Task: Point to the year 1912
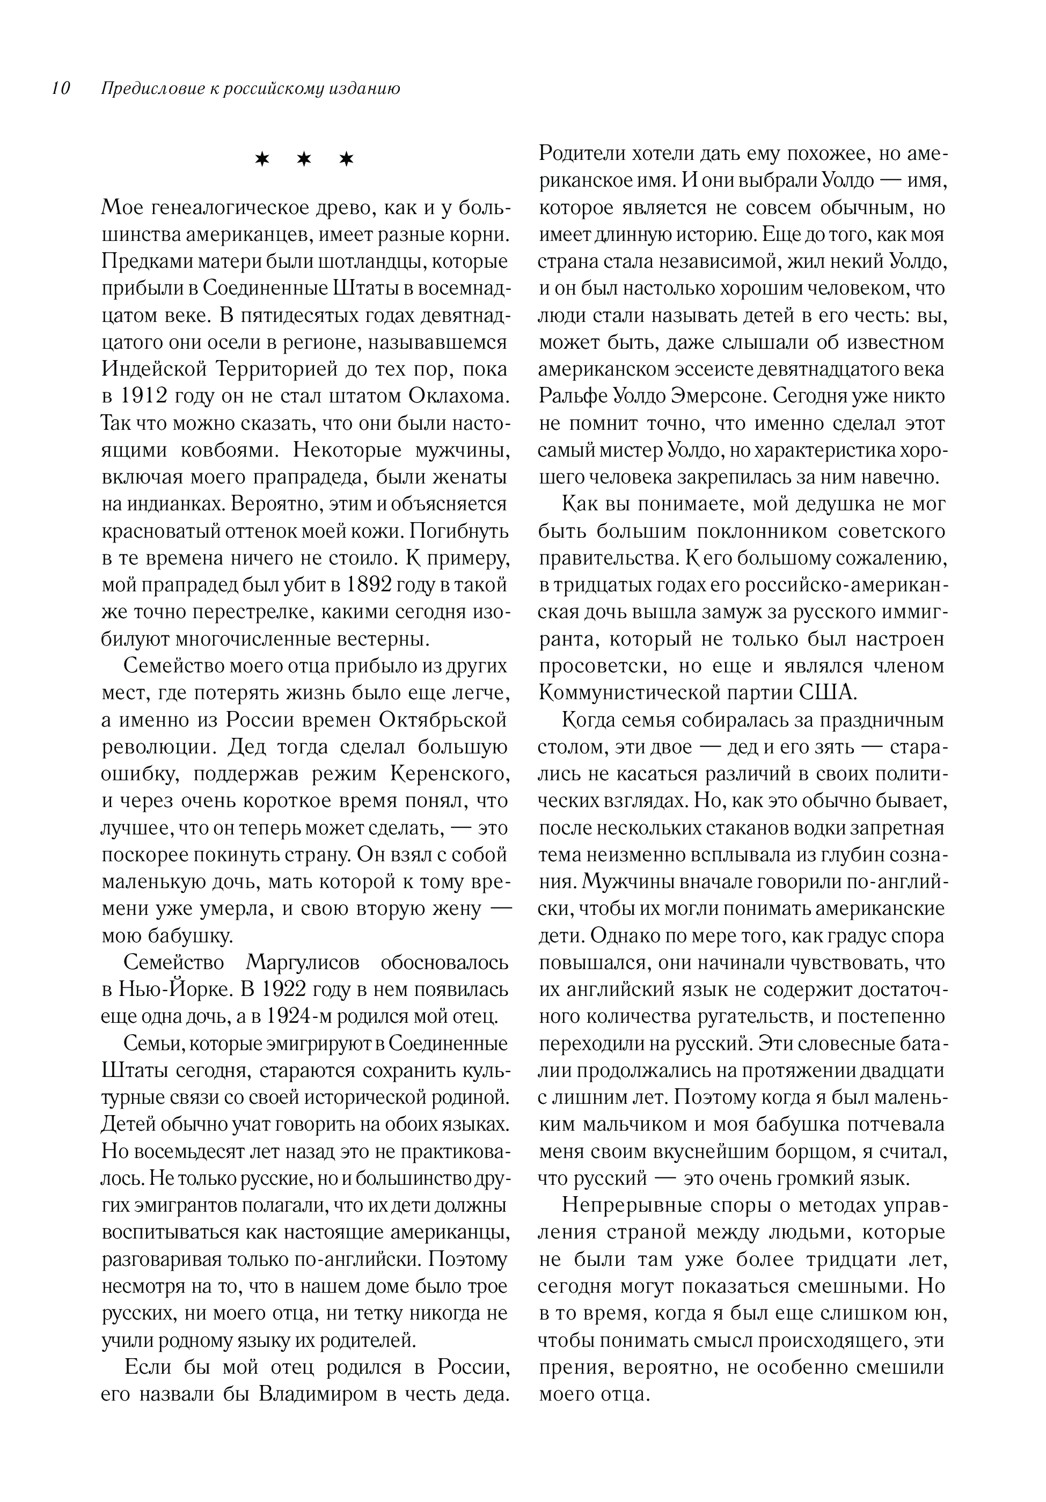[144, 397]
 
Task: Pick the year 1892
[365, 585]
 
